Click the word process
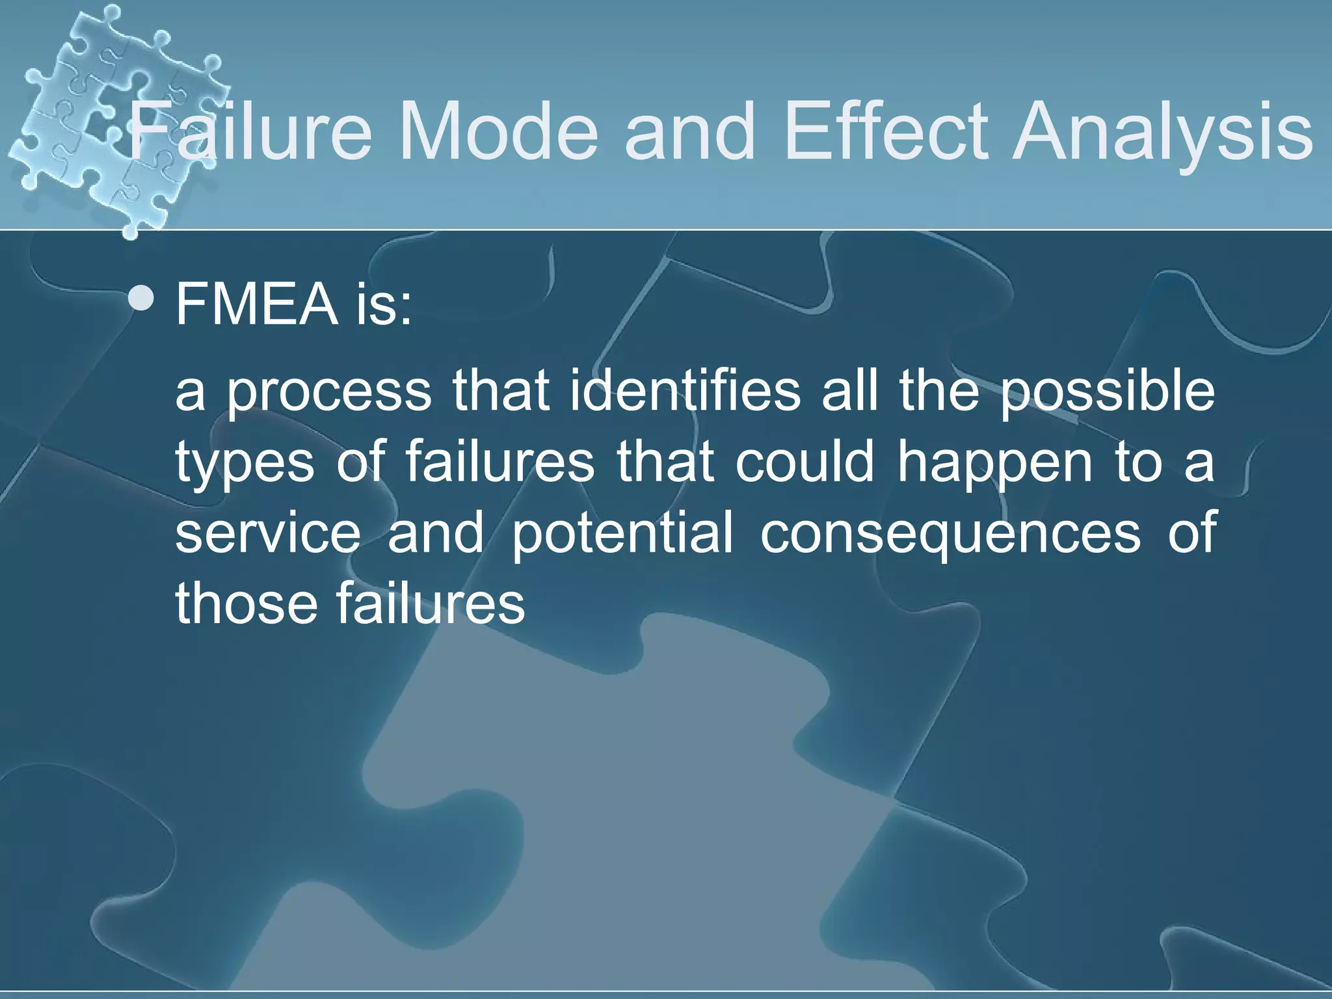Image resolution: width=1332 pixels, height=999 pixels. click(x=329, y=394)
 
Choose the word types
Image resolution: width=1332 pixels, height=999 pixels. click(x=245, y=464)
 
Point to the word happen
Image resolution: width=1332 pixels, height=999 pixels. click(x=995, y=464)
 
